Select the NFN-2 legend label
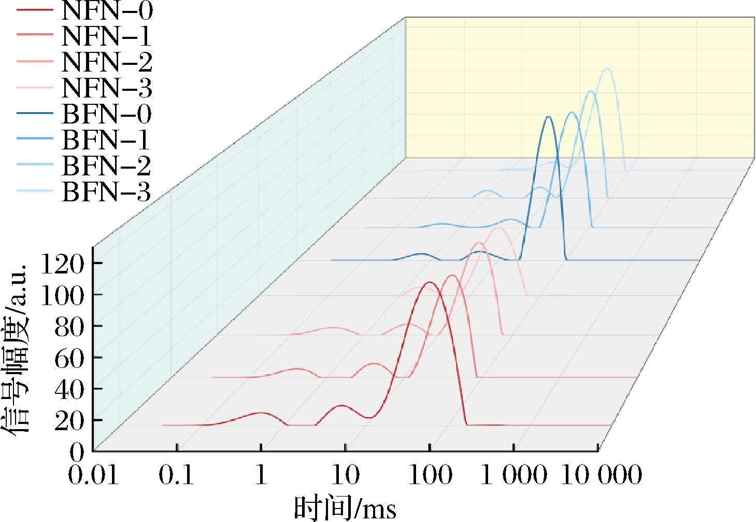107,62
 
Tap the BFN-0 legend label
107,114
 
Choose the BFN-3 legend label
106,191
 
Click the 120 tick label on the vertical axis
62,264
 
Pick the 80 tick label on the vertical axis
69,327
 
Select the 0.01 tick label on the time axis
93,474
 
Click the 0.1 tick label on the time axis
176,474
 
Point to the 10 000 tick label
602,474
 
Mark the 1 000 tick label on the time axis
513,474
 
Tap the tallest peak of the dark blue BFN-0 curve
548,117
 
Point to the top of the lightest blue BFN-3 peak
607,68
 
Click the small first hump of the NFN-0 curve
260,413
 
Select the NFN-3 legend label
107,88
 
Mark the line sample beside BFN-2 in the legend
35,164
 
